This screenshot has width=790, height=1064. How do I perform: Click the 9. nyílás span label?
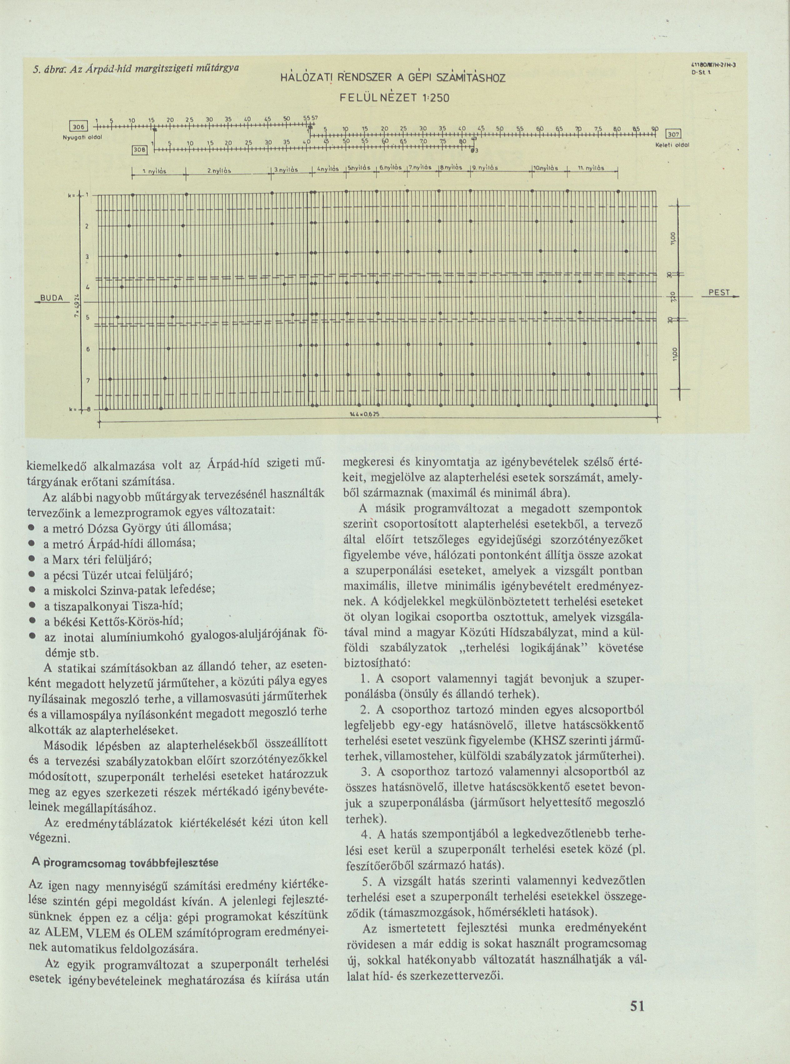click(x=486, y=168)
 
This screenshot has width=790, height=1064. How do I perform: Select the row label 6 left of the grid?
click(x=87, y=349)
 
